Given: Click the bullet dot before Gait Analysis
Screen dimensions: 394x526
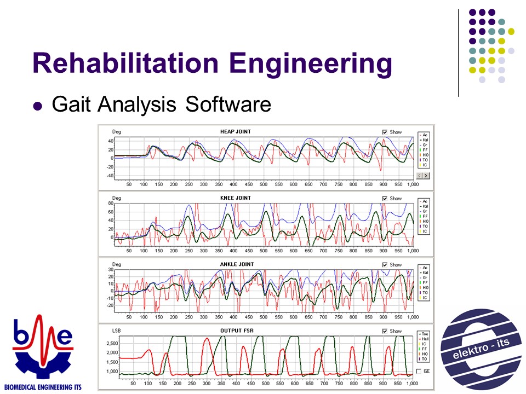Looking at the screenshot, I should (x=38, y=106).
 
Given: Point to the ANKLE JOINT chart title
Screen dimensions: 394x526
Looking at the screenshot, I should (x=237, y=264).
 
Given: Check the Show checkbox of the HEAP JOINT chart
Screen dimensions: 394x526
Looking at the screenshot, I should (x=385, y=132).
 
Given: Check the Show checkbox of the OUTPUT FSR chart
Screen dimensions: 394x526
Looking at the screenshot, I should (x=385, y=331).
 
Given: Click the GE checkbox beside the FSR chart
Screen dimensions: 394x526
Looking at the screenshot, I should (x=420, y=372).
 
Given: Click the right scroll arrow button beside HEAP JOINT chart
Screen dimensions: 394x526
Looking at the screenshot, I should (x=426, y=176).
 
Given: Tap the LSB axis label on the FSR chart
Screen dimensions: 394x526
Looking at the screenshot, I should (x=117, y=331).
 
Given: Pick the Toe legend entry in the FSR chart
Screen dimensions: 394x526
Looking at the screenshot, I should (x=425, y=333).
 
